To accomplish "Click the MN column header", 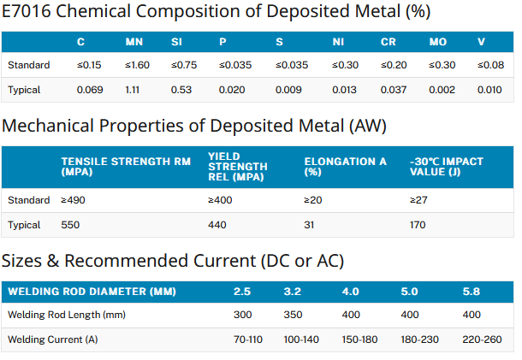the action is coord(134,42).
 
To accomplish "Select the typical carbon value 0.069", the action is coord(90,90).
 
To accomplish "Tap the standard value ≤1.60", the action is coord(137,65).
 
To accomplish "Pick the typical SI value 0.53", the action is coord(181,90).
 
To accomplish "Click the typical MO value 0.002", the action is coord(442,90).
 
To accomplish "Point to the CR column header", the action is coord(389,42).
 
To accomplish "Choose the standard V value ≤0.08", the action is coord(490,65).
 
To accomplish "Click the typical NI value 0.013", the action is coord(344,90).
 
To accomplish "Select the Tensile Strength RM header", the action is coord(126,167).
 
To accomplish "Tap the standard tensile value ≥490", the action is coord(73,200).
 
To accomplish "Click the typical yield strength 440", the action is coord(217,225).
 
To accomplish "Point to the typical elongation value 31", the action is coord(309,225).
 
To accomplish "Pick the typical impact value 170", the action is coord(418,225).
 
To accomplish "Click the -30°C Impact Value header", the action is coord(447,167).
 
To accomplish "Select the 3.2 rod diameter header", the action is coord(293,292).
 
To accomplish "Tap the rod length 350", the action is coord(293,315).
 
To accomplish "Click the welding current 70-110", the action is coord(248,339).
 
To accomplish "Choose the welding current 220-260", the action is coord(482,339).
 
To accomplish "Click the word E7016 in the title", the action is coord(27,11).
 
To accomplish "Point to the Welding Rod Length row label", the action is coord(67,315).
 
